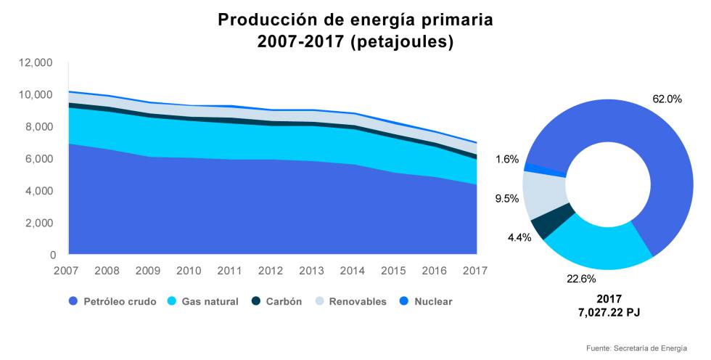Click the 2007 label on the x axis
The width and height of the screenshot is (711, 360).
click(67, 271)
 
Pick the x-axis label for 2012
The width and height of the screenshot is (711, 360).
click(271, 271)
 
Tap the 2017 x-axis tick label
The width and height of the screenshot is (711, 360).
click(476, 271)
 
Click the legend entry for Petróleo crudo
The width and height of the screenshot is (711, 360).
click(112, 301)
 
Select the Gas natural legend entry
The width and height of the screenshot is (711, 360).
click(202, 301)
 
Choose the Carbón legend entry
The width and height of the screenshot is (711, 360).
click(276, 301)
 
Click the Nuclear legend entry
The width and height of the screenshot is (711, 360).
click(425, 301)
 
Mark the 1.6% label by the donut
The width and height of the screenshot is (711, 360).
click(506, 159)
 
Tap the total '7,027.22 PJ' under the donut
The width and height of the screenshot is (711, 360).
click(609, 312)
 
